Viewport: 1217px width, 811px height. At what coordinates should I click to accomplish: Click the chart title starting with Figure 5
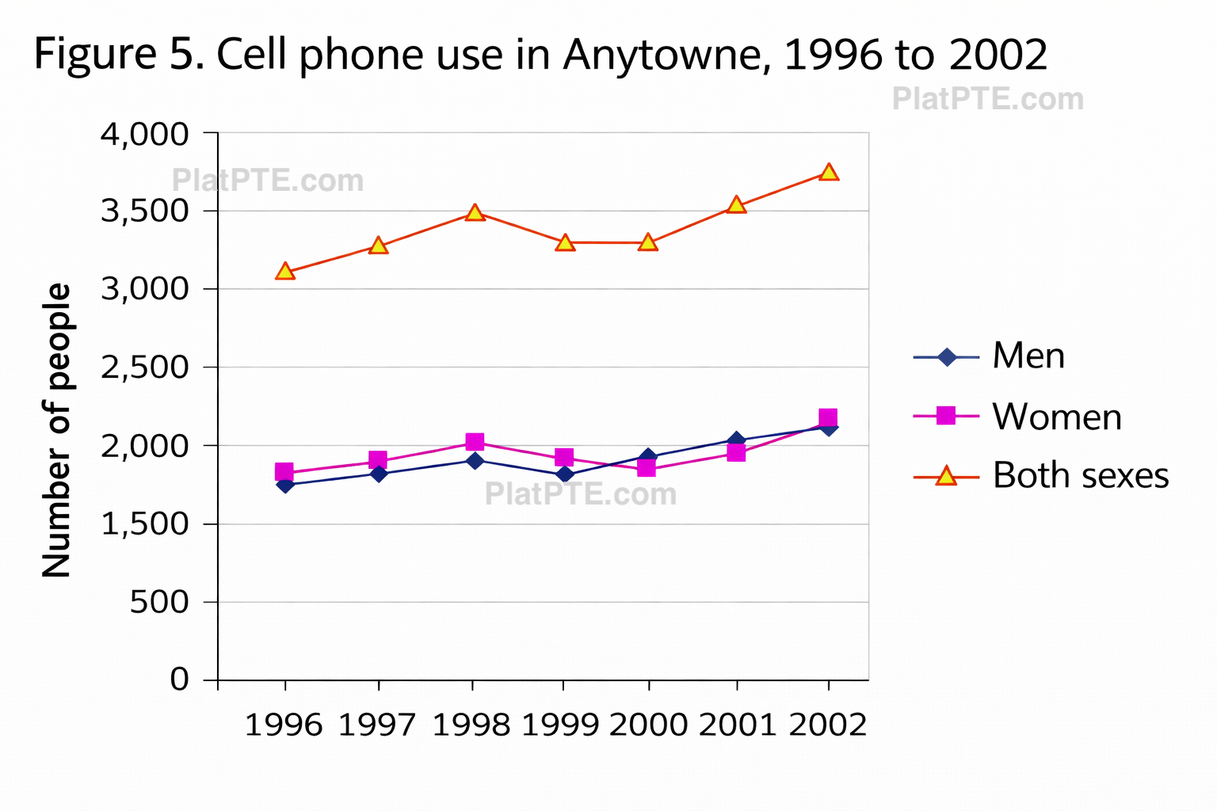pos(540,54)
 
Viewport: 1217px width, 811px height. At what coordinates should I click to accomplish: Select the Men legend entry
pos(1028,356)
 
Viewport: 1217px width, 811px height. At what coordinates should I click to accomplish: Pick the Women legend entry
pos(1056,417)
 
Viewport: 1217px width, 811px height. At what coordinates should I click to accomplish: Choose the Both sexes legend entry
pos(1080,476)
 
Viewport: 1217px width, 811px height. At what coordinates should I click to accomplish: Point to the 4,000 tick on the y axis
pos(145,134)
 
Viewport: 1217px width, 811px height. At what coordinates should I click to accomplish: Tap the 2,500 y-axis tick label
pos(145,367)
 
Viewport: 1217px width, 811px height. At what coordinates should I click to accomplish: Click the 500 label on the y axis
pos(159,602)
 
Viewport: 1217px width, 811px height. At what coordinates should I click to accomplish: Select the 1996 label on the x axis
pos(284,725)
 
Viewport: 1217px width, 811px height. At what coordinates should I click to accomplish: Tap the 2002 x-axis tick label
pos(828,725)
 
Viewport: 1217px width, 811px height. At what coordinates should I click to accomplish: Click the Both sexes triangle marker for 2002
pos(829,172)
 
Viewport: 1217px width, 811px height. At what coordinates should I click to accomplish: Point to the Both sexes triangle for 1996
pos(285,272)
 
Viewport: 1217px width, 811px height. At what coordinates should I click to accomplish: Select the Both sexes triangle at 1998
pos(474,212)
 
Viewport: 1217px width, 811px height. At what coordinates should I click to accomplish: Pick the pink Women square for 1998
pos(475,442)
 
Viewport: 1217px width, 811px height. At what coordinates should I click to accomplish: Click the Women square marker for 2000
pos(647,467)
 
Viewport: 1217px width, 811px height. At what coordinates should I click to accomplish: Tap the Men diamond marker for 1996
pos(285,485)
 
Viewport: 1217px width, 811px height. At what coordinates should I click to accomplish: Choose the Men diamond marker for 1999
pos(564,474)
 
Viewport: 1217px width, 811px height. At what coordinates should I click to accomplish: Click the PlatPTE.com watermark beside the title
pos(987,99)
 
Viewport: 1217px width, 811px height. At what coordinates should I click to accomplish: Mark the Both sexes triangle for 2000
pos(648,242)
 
